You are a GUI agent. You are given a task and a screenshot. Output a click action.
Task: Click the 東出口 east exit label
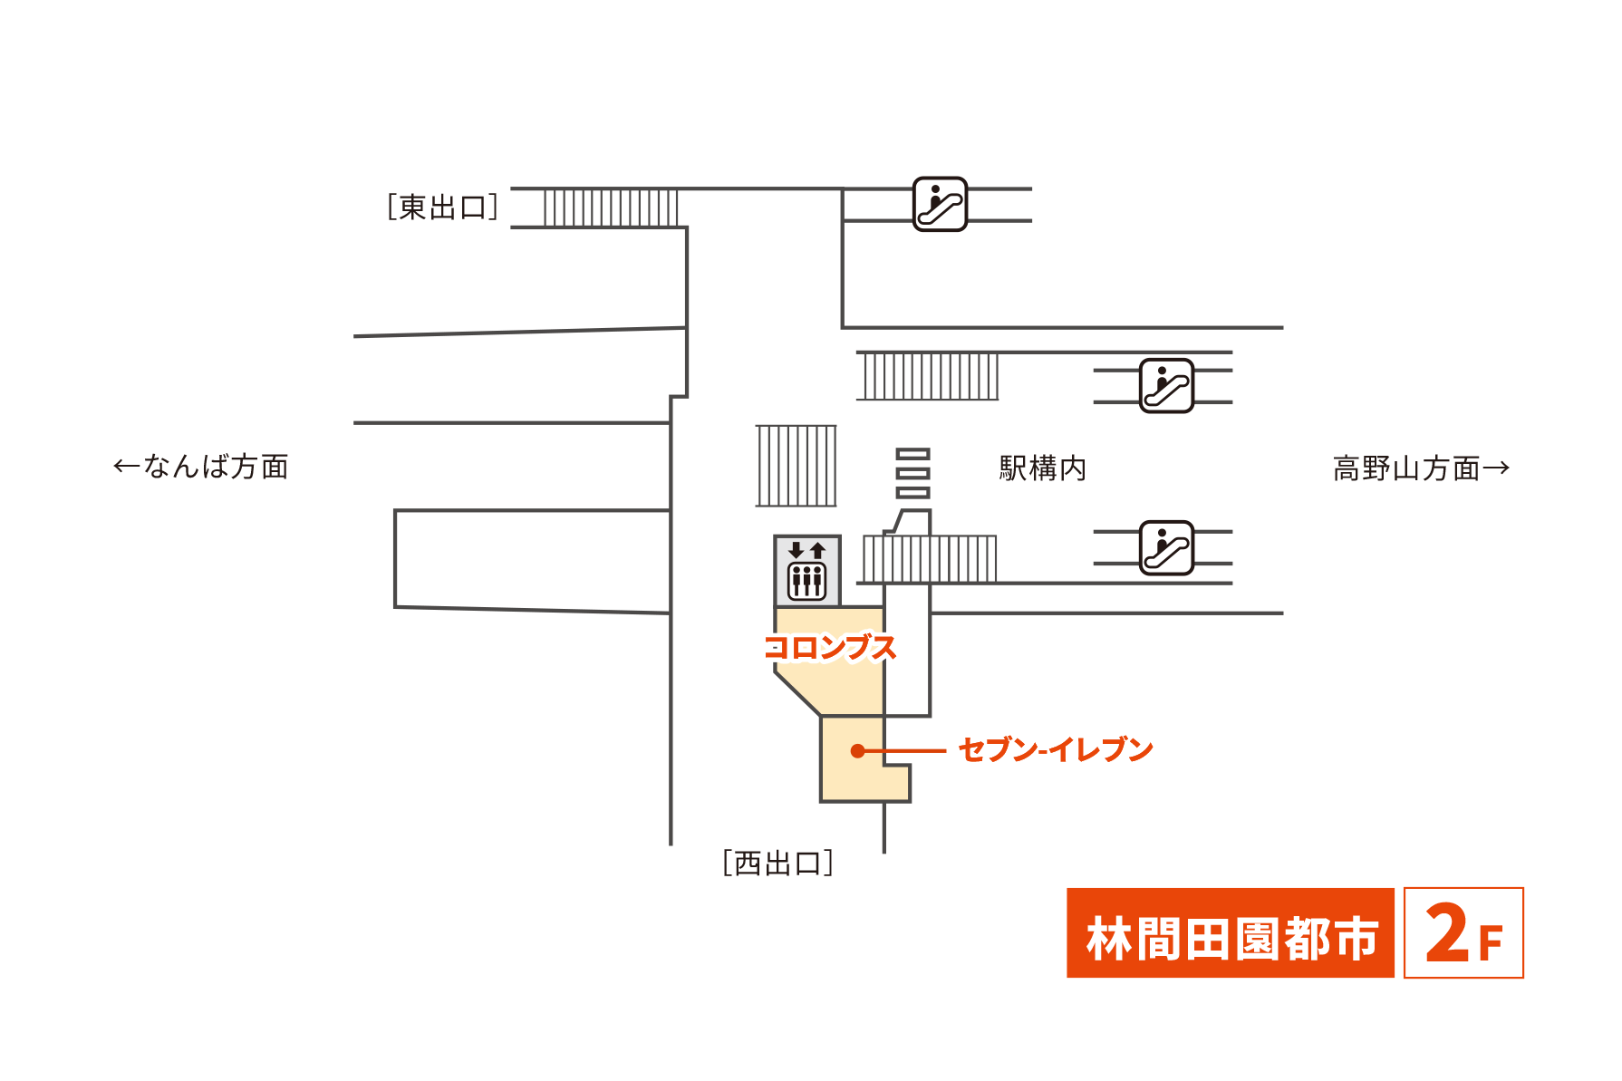pos(442,208)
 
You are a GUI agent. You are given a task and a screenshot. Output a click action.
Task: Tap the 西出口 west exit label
pos(777,864)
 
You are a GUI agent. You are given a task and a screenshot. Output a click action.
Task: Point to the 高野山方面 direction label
pos(1406,468)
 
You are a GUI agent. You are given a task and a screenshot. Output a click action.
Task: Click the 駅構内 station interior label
pos(1042,468)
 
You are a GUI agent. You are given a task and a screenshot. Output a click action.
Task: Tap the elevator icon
pos(806,571)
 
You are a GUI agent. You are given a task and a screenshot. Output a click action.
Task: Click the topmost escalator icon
pos(940,204)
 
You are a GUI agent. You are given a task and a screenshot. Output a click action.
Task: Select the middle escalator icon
pos(1166,386)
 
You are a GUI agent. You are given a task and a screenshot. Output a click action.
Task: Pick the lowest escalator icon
pos(1166,548)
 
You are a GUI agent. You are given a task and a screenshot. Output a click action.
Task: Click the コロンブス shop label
pos(830,648)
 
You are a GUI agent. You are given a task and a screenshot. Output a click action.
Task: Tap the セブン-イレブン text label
pos(1056,750)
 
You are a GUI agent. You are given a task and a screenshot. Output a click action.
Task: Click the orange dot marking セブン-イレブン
pos(857,751)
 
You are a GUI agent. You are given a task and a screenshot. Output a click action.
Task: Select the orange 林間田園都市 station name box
pos(1230,933)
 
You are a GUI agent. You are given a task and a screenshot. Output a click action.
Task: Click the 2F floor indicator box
pos(1463,933)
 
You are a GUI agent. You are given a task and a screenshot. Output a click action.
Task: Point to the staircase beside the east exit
pos(610,208)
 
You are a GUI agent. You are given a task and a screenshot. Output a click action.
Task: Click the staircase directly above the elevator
pos(797,466)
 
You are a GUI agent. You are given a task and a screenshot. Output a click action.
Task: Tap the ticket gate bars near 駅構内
pos(912,473)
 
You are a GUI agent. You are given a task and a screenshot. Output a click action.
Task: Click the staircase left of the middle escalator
pos(927,376)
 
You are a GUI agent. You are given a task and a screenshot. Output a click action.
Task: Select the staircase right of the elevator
pos(929,559)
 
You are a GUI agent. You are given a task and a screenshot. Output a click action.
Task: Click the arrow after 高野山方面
pos(1496,468)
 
